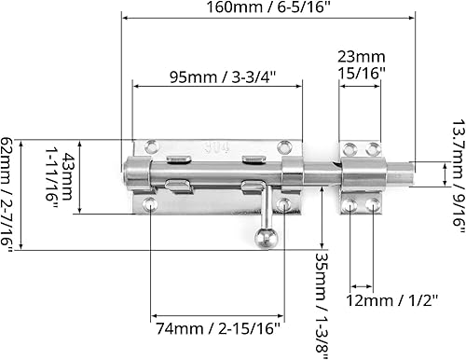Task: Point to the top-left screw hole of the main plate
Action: (x=152, y=146)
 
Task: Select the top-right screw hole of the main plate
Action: (x=283, y=147)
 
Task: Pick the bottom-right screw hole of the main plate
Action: (x=283, y=203)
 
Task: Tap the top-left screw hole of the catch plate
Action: (x=351, y=147)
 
